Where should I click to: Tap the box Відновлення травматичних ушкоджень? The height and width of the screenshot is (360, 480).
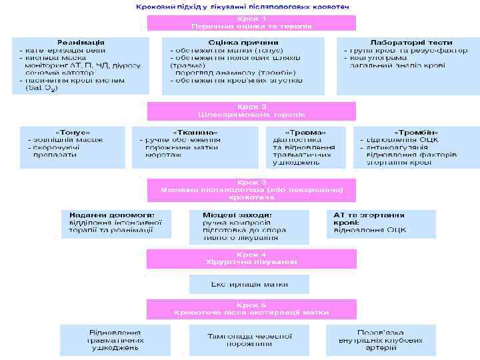coord(115,339)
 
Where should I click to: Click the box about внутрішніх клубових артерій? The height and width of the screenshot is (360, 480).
coord(380,339)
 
